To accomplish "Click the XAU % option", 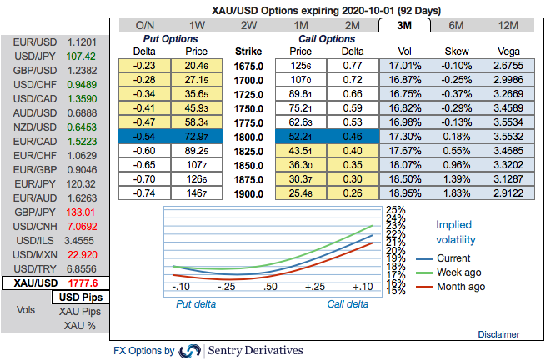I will point(80,325).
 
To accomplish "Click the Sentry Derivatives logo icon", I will point(190,350).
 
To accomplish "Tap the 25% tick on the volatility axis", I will point(396,210).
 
